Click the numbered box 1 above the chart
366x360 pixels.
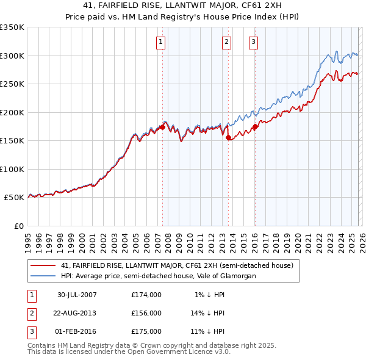point(160,42)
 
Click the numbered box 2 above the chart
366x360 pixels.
point(226,42)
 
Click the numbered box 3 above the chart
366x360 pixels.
point(253,42)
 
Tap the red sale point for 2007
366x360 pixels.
point(163,127)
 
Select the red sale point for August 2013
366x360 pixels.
point(228,138)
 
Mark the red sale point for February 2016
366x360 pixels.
point(254,127)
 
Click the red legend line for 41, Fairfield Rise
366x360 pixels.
point(43,265)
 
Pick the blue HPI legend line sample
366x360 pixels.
point(43,276)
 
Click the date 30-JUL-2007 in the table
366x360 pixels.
point(77,295)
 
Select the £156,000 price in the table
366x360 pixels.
point(146,313)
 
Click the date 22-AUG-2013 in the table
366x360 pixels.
point(77,313)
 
